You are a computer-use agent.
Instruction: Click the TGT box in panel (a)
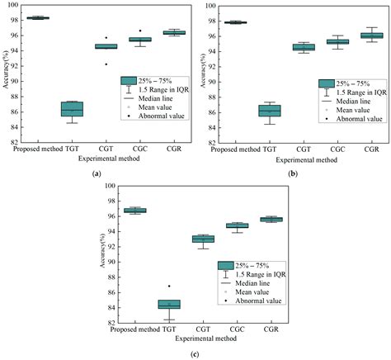71,109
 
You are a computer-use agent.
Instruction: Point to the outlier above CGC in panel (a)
139,31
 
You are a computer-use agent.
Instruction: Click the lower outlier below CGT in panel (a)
106,64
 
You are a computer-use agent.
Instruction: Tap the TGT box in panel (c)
169,305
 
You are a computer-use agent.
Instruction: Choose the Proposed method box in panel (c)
135,211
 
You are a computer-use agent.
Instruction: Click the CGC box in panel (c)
237,225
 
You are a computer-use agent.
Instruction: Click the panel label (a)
97,174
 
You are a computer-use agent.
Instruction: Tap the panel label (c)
195,353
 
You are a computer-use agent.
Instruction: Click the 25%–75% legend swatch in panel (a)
129,80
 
